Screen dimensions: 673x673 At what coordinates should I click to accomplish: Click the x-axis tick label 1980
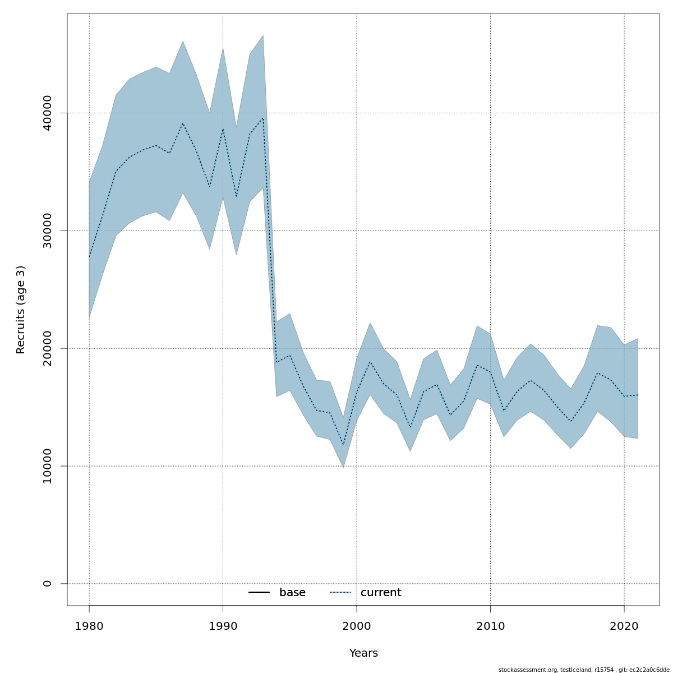tap(89, 626)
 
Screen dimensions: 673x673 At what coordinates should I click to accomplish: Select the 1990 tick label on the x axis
tap(223, 626)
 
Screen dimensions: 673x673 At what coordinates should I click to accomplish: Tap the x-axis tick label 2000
tap(357, 626)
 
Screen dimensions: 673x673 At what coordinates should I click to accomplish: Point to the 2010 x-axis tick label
tap(490, 626)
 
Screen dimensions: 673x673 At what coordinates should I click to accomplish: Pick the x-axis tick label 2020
tap(624, 626)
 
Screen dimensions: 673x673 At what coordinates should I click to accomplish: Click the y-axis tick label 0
tap(48, 584)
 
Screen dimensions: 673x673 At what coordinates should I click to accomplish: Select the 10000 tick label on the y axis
tap(48, 466)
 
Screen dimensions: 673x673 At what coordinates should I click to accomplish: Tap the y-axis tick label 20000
tap(48, 348)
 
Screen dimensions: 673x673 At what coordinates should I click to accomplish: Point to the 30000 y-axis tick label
tap(48, 231)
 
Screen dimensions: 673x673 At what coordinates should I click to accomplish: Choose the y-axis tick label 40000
tap(48, 113)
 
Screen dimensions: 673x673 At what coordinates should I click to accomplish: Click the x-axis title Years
tap(363, 653)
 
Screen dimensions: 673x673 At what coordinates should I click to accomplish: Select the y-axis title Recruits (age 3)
tap(21, 310)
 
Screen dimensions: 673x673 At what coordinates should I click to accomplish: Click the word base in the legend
tap(292, 593)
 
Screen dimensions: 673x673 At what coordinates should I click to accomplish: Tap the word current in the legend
tap(381, 593)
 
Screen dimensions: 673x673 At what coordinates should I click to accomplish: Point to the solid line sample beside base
tap(259, 593)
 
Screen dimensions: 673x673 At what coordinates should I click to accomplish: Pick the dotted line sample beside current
tap(340, 593)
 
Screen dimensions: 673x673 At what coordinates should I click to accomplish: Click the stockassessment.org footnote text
tap(584, 670)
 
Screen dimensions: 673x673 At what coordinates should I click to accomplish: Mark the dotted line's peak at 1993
tap(263, 118)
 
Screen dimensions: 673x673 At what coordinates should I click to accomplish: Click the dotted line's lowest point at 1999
tap(343, 445)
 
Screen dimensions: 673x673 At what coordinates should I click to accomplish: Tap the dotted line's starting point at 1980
tap(89, 257)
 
